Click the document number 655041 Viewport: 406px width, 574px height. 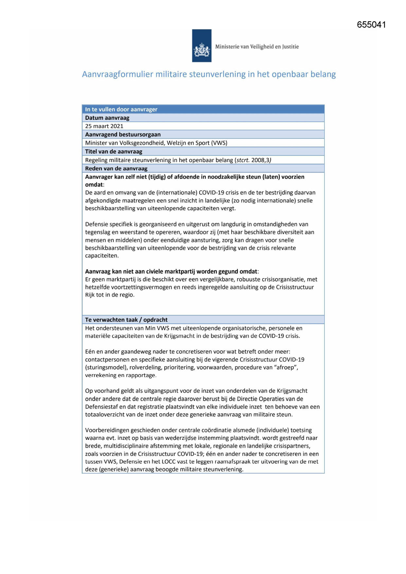(x=371, y=25)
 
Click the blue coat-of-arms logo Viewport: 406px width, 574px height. (x=202, y=46)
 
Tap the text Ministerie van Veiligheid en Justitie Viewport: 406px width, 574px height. (x=257, y=46)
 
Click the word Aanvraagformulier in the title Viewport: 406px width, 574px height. (x=117, y=74)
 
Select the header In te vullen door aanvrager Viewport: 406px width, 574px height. (x=121, y=109)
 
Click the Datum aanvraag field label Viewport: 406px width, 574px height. (x=107, y=118)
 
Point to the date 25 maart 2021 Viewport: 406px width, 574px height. (x=104, y=126)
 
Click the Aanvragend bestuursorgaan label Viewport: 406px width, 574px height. (x=123, y=135)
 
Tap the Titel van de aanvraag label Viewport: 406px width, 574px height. (x=114, y=152)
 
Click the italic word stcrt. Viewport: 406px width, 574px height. (x=243, y=160)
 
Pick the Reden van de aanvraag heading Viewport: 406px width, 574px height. (x=116, y=169)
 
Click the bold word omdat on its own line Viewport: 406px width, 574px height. (x=94, y=185)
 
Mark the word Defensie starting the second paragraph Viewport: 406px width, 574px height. (x=97, y=224)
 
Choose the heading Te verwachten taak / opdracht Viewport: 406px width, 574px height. (x=126, y=320)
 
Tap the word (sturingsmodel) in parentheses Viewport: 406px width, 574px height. (x=105, y=367)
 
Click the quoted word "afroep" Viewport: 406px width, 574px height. (x=286, y=367)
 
